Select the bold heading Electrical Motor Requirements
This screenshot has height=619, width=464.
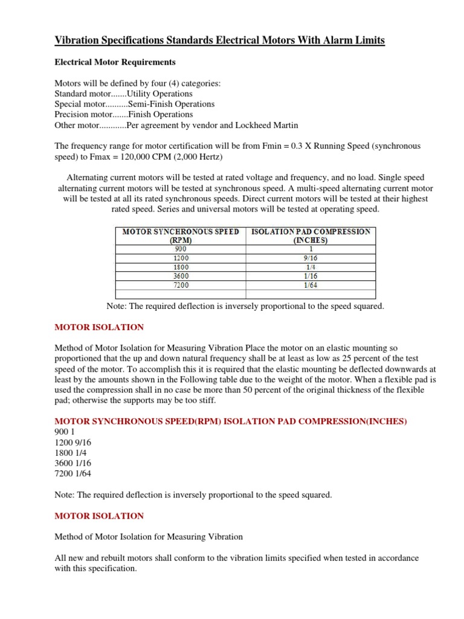click(115, 62)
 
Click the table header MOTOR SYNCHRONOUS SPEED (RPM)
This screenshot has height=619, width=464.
click(181, 235)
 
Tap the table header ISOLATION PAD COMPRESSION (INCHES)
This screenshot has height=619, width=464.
click(310, 235)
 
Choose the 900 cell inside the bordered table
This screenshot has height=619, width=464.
click(181, 248)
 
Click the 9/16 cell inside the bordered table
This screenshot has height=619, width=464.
click(310, 258)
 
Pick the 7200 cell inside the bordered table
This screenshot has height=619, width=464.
click(181, 284)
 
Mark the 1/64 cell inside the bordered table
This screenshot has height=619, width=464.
click(310, 284)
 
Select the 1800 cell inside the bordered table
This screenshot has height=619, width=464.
click(181, 267)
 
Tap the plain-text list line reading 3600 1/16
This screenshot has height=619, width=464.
click(73, 463)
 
